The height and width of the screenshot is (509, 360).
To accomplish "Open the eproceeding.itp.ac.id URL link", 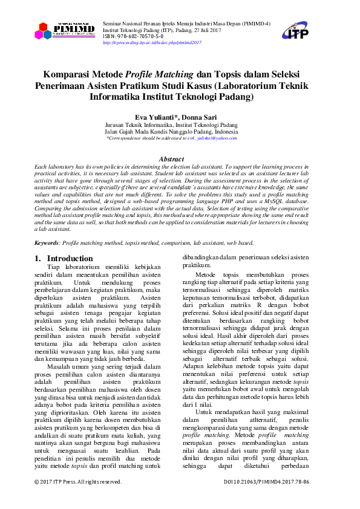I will point(152,43).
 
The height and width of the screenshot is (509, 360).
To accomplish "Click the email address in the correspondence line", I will point(212,138).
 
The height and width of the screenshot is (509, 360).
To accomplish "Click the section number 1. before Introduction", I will point(38,259).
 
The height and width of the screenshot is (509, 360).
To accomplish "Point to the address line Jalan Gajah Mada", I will point(171,131).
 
